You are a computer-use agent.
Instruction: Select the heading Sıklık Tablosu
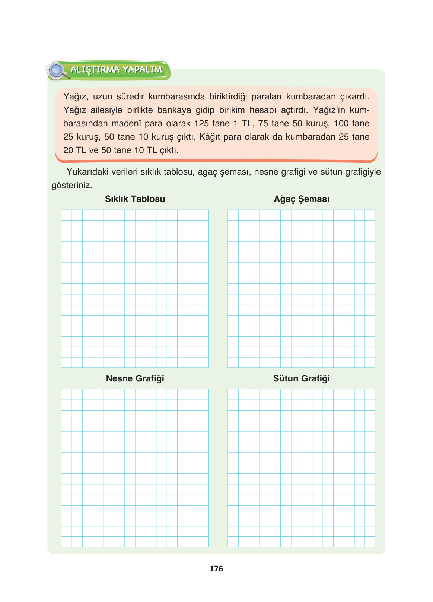(x=135, y=199)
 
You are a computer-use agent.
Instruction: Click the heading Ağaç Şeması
(x=301, y=199)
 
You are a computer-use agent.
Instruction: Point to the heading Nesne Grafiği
(x=135, y=378)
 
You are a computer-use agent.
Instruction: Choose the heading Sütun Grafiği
(x=301, y=378)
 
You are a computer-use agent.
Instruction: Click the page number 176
(x=216, y=568)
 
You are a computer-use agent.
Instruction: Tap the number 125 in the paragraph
(x=201, y=124)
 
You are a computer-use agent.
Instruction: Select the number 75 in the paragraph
(x=263, y=124)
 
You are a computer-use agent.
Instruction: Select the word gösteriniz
(x=72, y=186)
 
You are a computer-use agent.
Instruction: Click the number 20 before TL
(x=68, y=150)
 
